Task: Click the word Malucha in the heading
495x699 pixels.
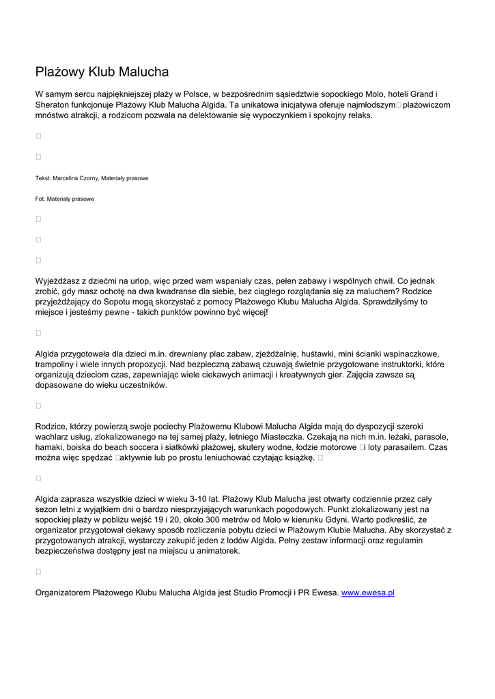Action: (x=143, y=72)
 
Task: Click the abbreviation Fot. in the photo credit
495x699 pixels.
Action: (x=41, y=199)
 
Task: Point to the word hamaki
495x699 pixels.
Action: (x=49, y=447)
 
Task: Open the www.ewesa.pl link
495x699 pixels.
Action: (x=367, y=593)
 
